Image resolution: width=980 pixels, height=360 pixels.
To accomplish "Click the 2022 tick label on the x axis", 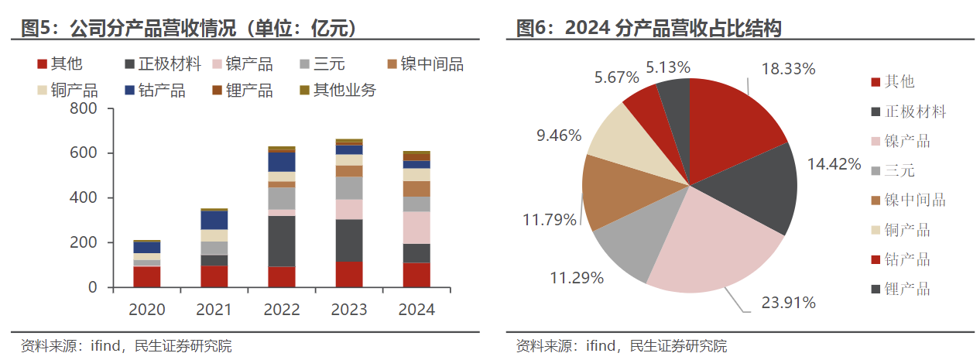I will [x=281, y=310].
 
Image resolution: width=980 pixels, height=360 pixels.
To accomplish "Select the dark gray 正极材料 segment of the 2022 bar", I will [x=281, y=241].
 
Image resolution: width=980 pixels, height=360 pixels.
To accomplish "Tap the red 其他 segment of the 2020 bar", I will [x=147, y=276].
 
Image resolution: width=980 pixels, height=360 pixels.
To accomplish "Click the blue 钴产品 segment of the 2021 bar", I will [x=214, y=220].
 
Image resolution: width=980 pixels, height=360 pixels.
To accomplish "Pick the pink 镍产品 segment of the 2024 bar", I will [x=416, y=228].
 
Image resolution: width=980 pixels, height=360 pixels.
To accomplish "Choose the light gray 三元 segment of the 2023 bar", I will [x=349, y=188].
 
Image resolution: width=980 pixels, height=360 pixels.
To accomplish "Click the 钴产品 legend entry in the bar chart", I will [x=162, y=91].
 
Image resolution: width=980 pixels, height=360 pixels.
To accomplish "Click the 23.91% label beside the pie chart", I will [x=788, y=302].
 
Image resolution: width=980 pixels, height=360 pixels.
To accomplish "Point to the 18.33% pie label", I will [x=788, y=69].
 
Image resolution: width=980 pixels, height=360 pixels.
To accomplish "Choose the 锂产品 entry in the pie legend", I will [x=907, y=290].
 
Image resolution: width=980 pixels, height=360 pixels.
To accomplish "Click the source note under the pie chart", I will [x=621, y=346].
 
